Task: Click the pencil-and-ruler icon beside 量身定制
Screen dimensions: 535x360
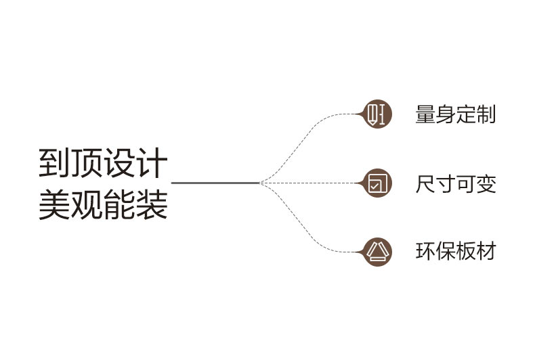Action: coord(377,114)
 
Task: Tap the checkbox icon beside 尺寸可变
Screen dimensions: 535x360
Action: coord(377,183)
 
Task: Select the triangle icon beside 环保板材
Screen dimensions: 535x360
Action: coord(377,252)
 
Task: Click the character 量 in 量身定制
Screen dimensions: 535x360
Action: coord(425,114)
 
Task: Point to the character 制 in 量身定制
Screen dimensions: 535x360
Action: coord(486,114)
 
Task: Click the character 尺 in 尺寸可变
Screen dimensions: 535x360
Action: coord(425,184)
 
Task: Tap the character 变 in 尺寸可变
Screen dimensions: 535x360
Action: coord(486,184)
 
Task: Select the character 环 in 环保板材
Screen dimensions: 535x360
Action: coord(425,251)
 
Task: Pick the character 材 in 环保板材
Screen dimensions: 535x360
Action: coord(486,251)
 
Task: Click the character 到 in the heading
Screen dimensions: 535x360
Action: coord(55,163)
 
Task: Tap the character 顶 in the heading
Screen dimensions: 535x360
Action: coord(87,163)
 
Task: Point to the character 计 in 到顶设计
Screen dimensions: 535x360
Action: coord(151,163)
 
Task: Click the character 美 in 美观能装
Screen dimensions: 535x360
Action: coord(55,204)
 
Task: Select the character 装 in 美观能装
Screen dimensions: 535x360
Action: coord(151,204)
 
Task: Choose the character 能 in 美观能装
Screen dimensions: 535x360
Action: coord(119,204)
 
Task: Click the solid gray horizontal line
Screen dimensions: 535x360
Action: coord(215,183)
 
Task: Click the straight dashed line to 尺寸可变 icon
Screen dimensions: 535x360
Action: coord(311,183)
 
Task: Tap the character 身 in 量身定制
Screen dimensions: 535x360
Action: coord(446,114)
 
